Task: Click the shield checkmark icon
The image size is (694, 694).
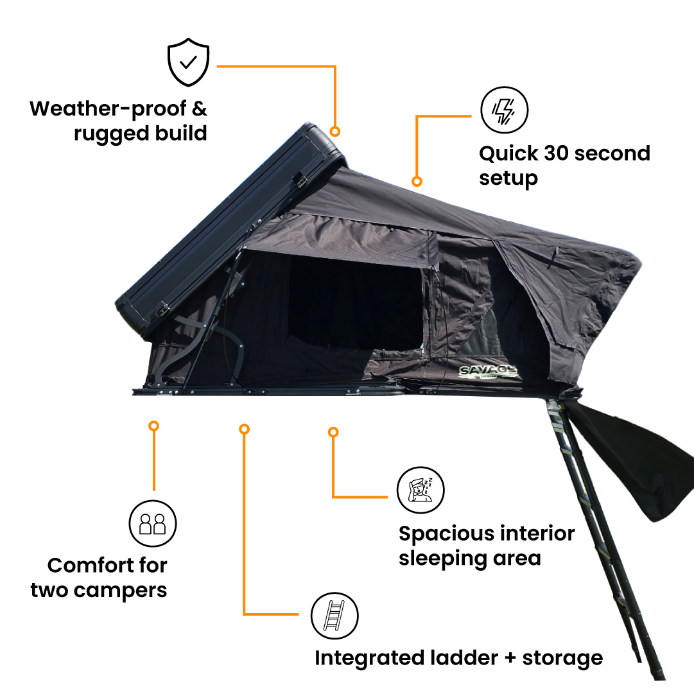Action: click(188, 62)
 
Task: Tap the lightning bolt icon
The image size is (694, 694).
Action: click(504, 110)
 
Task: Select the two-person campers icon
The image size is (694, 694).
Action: click(153, 524)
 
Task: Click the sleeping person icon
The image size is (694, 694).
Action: click(420, 490)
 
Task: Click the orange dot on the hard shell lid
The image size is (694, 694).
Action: click(334, 131)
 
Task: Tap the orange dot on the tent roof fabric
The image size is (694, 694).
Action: click(417, 181)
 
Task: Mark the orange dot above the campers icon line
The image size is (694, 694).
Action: click(153, 426)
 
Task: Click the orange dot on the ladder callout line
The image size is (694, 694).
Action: click(244, 429)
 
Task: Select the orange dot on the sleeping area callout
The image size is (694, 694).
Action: click(333, 432)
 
